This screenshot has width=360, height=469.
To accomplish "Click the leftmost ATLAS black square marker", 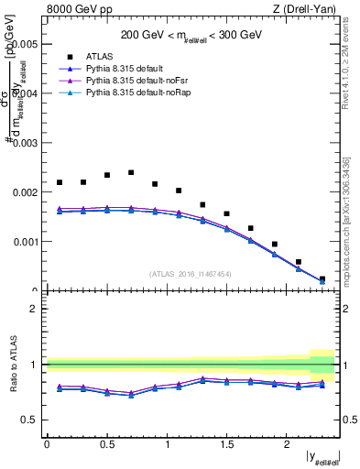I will click(x=60, y=182).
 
